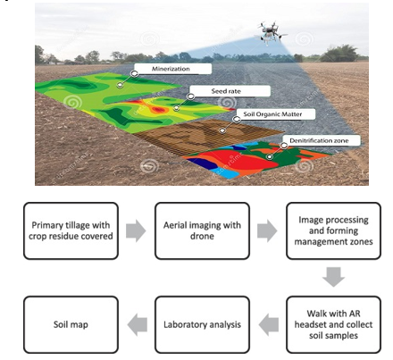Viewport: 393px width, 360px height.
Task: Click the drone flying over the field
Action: pyautogui.click(x=270, y=33)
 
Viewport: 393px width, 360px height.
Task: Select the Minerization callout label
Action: pyautogui.click(x=172, y=69)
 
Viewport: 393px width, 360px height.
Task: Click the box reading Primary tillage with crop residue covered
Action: pyautogui.click(x=71, y=230)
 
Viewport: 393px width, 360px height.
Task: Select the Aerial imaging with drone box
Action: pyautogui.click(x=202, y=230)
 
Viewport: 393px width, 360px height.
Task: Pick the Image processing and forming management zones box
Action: pyautogui.click(x=333, y=230)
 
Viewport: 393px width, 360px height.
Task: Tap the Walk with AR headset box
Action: pyautogui.click(x=333, y=324)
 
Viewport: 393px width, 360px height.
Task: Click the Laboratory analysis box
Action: pyautogui.click(x=202, y=324)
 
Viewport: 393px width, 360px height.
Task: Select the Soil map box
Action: pyautogui.click(x=71, y=324)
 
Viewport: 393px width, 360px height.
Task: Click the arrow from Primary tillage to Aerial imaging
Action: pyautogui.click(x=136, y=230)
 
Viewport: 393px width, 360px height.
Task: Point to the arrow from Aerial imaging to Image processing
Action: pyautogui.click(x=267, y=230)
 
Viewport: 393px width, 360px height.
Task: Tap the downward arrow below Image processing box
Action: pyautogui.click(x=333, y=277)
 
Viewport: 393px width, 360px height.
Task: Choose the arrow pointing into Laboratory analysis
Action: pyautogui.click(x=269, y=324)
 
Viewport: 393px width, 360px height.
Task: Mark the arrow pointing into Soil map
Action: pyautogui.click(x=138, y=324)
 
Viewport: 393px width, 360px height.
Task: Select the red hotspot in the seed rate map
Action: pyautogui.click(x=158, y=110)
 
